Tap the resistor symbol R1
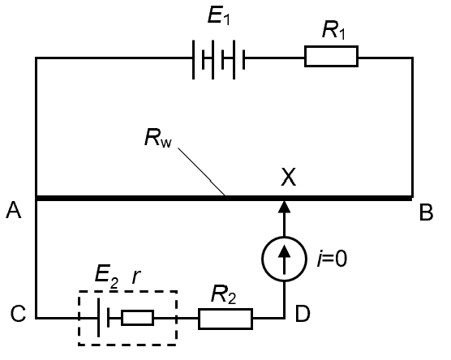click(x=330, y=57)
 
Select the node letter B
click(x=425, y=214)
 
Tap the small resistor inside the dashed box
click(x=137, y=318)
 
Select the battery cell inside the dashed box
click(x=103, y=318)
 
